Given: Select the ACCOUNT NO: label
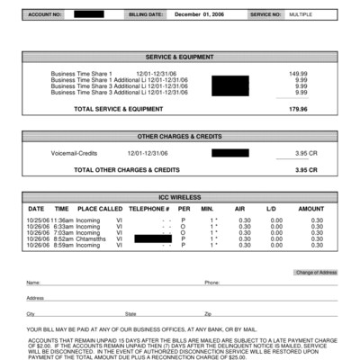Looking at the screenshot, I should (44, 15).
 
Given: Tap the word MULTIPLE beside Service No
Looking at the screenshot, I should (301, 15).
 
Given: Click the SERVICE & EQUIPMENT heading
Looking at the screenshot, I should (180, 57).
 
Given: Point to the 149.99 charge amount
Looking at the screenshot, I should (298, 73).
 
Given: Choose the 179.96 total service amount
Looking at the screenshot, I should (298, 109).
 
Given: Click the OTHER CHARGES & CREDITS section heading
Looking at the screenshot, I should (180, 137).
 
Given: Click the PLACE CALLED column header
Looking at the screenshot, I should (100, 209).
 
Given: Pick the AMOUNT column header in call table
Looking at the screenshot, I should (310, 209).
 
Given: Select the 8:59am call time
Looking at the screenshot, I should (62, 245).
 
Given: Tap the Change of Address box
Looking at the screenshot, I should (316, 272).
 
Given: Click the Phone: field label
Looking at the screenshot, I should (211, 283).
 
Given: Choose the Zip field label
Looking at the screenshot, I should (208, 313).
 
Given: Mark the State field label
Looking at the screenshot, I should (130, 313).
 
